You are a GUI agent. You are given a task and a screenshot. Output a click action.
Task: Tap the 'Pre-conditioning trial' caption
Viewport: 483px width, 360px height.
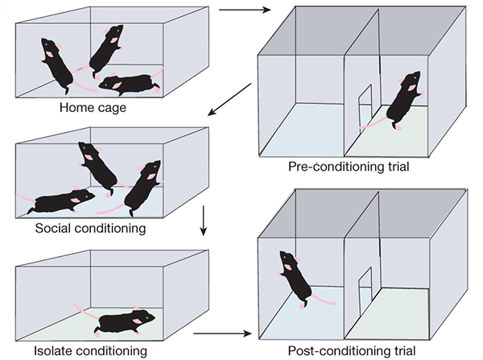pyautogui.click(x=348, y=168)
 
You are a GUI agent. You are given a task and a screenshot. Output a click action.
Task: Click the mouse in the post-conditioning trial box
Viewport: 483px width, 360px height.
pyautogui.click(x=294, y=279)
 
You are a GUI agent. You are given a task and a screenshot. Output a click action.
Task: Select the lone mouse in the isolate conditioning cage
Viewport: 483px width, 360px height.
pyautogui.click(x=125, y=321)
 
